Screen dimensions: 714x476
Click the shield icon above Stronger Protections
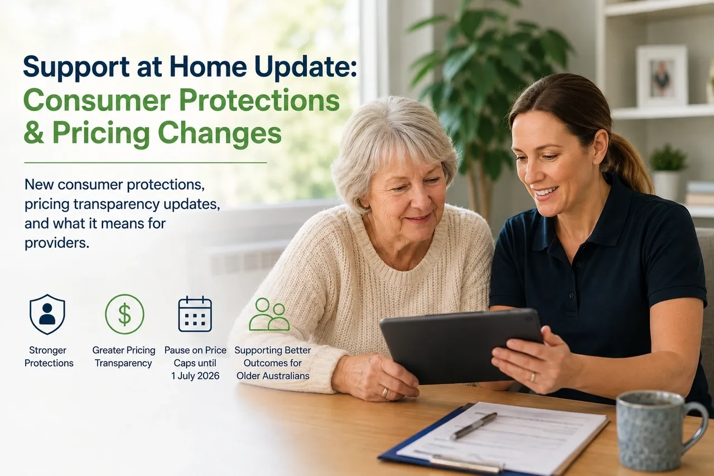click(47, 314)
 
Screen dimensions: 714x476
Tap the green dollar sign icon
click(124, 314)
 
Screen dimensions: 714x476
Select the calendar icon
click(195, 314)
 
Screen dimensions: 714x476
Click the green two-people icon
click(269, 314)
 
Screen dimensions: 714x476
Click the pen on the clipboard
click(474, 426)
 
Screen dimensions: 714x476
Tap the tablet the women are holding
click(459, 346)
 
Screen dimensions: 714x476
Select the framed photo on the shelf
click(662, 76)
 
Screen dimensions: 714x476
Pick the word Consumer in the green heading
click(97, 100)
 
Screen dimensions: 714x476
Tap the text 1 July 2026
click(195, 376)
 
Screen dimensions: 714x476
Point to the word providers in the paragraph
click(57, 243)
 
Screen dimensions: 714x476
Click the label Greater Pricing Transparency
click(124, 357)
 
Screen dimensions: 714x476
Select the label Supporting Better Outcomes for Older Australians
click(273, 363)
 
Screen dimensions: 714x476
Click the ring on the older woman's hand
click(385, 392)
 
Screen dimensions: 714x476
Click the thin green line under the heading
click(146, 162)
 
